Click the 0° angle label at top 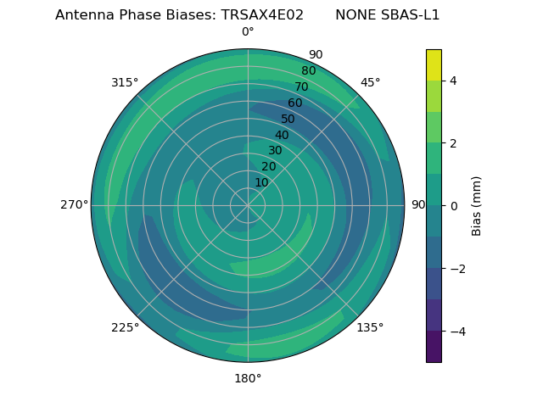[248, 32]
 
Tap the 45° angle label [370, 82]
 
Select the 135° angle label [370, 327]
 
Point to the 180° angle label [248, 378]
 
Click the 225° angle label [125, 327]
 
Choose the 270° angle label [74, 205]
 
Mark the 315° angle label [125, 82]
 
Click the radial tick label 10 [261, 182]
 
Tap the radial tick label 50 [288, 120]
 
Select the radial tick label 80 [308, 71]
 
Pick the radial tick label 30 [275, 151]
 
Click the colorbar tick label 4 [453, 81]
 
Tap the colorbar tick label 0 [453, 206]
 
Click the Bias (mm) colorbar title [477, 206]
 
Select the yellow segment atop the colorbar [434, 65]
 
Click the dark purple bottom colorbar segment [434, 347]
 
